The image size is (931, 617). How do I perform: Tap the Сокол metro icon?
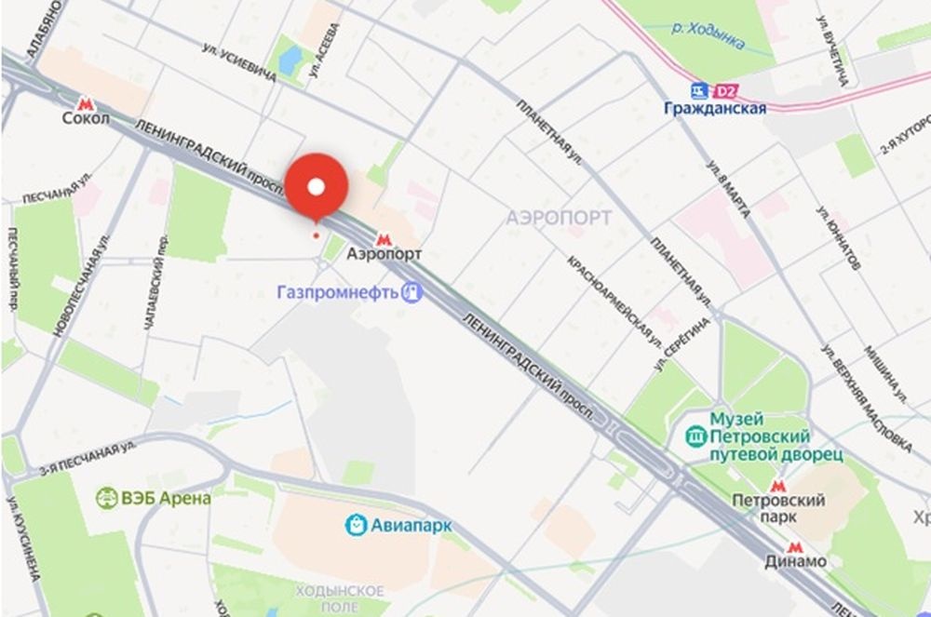coord(87,103)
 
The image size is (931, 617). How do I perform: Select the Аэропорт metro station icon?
coord(385,238)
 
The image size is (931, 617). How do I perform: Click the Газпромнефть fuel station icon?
coord(412,292)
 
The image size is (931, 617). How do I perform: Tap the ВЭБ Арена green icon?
coord(107,498)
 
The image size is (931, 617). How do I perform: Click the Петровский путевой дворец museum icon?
coord(695,436)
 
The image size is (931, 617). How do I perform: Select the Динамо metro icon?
coord(794,547)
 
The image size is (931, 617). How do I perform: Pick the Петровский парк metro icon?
coord(778,486)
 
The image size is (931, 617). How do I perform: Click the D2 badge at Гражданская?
coord(724,91)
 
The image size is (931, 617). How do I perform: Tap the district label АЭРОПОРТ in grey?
coord(559,218)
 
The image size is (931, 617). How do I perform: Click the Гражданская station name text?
coord(715,109)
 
